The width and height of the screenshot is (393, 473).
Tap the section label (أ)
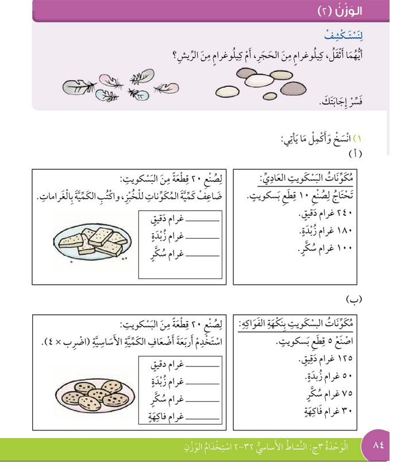355,155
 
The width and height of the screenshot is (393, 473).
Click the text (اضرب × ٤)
66,343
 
